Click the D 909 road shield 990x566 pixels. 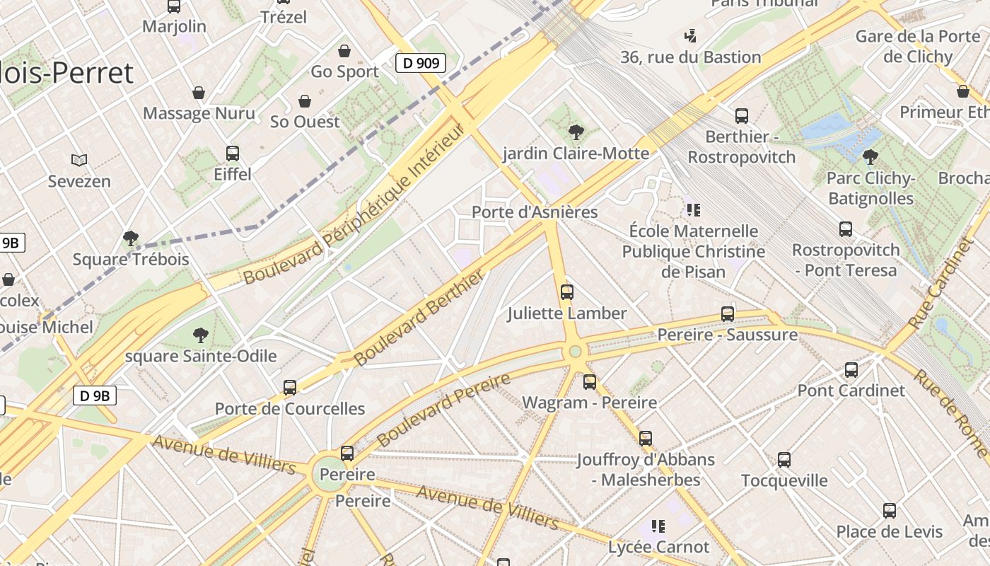(x=420, y=63)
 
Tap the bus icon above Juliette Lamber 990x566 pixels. (x=566, y=291)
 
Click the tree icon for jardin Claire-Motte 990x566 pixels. (x=576, y=132)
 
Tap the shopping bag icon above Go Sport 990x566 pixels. (x=344, y=50)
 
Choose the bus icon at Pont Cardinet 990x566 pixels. (x=851, y=369)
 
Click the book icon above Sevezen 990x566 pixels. (x=79, y=161)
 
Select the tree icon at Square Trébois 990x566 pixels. (x=130, y=238)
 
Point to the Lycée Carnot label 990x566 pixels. (x=658, y=547)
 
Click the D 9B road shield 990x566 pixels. (x=94, y=395)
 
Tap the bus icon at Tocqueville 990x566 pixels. (x=784, y=460)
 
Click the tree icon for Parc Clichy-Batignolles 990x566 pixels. (x=870, y=156)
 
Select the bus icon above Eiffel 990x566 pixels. (x=232, y=153)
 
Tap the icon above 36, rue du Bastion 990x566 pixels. (x=691, y=35)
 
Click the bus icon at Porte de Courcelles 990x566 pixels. (x=290, y=388)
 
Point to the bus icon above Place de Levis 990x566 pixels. (x=890, y=511)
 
